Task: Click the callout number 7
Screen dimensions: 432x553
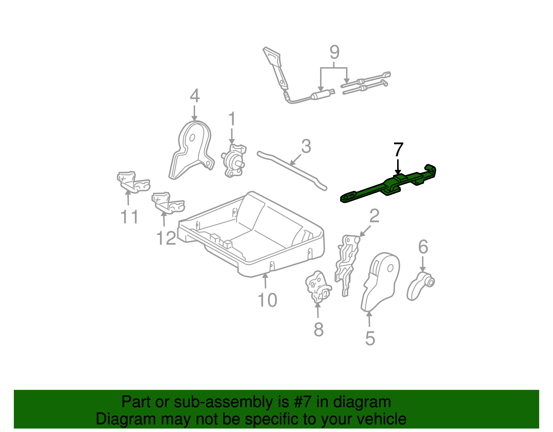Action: point(398,150)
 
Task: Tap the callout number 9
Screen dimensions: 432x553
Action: point(334,53)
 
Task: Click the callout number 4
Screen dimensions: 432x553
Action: point(195,96)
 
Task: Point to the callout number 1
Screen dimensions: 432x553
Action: point(232,119)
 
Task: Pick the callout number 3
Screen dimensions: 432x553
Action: point(306,146)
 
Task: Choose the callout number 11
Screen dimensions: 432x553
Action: point(129,217)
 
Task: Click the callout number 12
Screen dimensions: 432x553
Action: point(166,238)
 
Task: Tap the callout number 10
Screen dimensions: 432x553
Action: point(267,300)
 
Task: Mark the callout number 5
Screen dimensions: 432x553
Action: point(370,338)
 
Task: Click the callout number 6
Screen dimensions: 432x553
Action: point(423,247)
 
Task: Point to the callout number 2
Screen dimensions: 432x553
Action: point(374,216)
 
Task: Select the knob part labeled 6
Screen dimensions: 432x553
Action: point(420,286)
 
